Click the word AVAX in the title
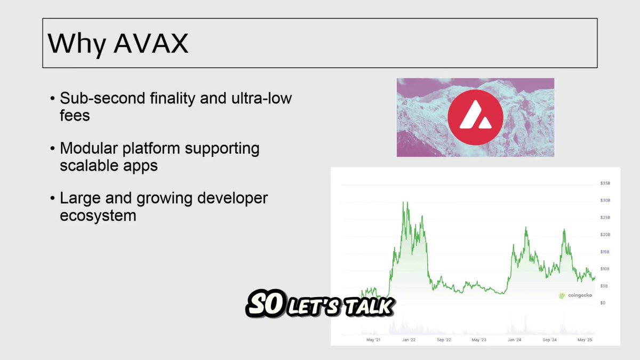pyautogui.click(x=151, y=43)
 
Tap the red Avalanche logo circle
pyautogui.click(x=475, y=117)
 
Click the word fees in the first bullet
pyautogui.click(x=75, y=115)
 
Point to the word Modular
pyautogui.click(x=89, y=148)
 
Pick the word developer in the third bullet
pyautogui.click(x=233, y=199)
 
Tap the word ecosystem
pyautogui.click(x=98, y=216)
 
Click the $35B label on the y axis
pyautogui.click(x=605, y=183)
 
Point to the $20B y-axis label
pyautogui.click(x=605, y=235)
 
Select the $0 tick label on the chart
pyautogui.click(x=603, y=303)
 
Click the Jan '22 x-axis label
pyautogui.click(x=409, y=340)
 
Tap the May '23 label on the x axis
pyautogui.click(x=479, y=340)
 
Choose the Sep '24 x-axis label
pyautogui.click(x=549, y=340)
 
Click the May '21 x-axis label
pyautogui.click(x=373, y=340)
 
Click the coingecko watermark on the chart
pyautogui.click(x=575, y=295)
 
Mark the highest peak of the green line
pyautogui.click(x=407, y=202)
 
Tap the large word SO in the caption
pyautogui.click(x=266, y=303)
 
